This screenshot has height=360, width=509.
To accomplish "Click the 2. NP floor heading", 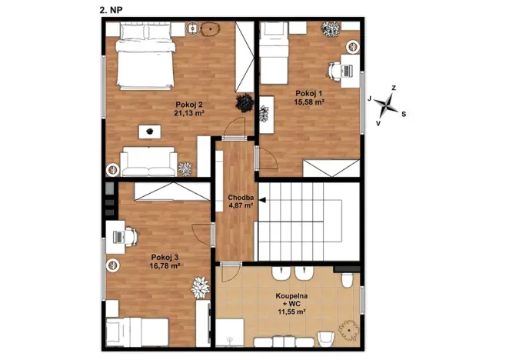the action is (111, 10).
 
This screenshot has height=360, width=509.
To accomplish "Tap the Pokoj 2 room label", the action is (189, 105).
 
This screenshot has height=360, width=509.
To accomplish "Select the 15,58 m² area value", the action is (309, 102).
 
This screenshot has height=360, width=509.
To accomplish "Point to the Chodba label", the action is (241, 198).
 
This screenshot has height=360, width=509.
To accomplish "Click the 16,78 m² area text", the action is (165, 266).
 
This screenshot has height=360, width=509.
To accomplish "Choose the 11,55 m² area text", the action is (291, 312).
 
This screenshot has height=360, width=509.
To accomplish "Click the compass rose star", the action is (386, 105).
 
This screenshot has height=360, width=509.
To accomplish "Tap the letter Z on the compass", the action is (394, 88).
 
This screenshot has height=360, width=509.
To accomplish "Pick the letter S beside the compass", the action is (404, 114).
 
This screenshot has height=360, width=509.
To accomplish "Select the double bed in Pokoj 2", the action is (146, 56).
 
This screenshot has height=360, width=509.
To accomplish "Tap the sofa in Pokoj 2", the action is (148, 162).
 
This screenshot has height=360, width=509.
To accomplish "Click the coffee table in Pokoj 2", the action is (150, 132).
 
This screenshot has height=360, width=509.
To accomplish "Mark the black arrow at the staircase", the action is (262, 200).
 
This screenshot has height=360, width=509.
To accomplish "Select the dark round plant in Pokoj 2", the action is (245, 103).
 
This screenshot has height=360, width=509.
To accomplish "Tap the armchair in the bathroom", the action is (325, 339).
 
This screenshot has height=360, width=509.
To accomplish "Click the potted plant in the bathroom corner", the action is (349, 330).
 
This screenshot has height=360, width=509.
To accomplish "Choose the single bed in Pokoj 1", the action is (274, 53).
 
